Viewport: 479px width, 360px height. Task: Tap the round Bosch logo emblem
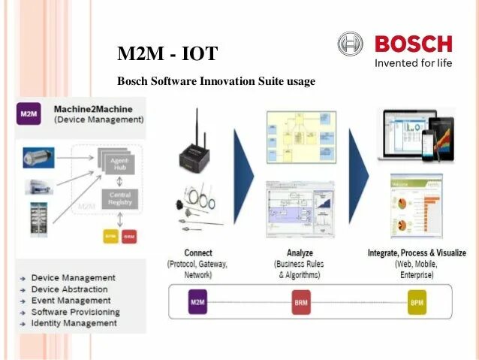(350, 44)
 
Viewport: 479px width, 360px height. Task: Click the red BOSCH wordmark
(413, 44)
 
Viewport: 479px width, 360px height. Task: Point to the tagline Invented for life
(413, 63)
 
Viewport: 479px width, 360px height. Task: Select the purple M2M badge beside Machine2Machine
(29, 114)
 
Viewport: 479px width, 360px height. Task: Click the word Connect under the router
(197, 253)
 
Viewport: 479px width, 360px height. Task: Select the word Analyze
(300, 253)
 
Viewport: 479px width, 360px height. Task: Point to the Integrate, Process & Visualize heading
(417, 253)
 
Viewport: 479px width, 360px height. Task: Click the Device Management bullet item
(73, 278)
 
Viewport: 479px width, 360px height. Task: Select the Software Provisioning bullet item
(75, 312)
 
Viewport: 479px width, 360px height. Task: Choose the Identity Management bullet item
(74, 323)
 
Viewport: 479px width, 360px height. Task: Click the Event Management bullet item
(71, 301)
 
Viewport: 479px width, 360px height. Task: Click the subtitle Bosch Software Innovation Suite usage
(216, 81)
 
